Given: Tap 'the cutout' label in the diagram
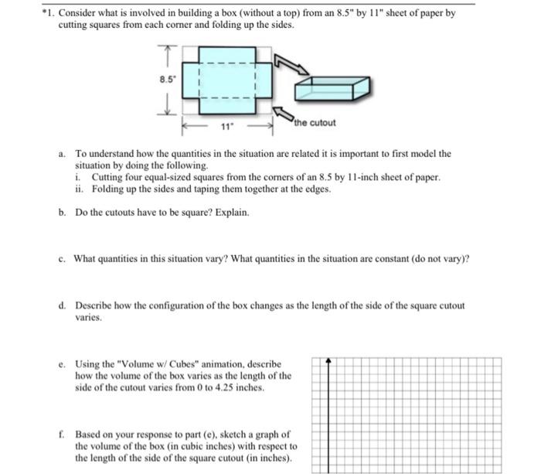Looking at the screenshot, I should pyautogui.click(x=315, y=123).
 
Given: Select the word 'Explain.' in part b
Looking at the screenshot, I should pyautogui.click(x=230, y=212).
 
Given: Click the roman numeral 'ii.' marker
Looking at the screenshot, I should pyautogui.click(x=80, y=188).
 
